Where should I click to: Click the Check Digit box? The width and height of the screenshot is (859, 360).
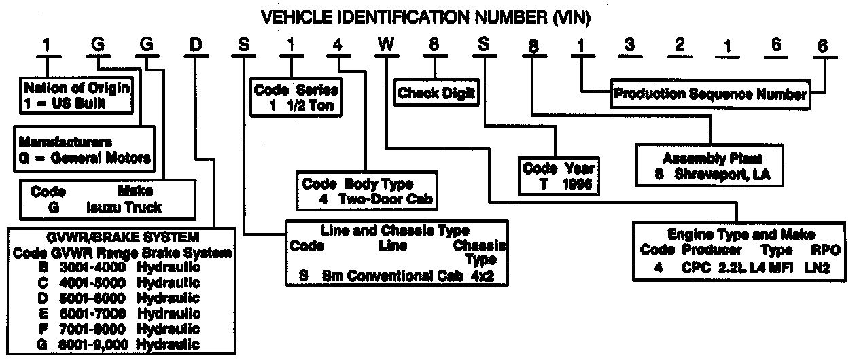tap(436, 94)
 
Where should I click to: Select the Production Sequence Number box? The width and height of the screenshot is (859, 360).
tap(709, 94)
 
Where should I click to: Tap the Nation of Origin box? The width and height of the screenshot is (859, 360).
tap(76, 96)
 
